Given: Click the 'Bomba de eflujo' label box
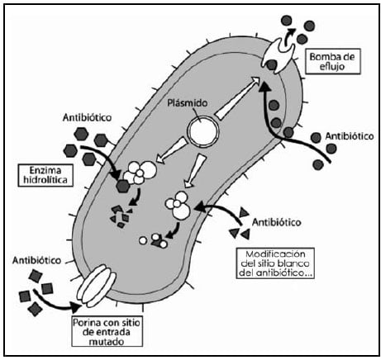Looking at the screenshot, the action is pos(332,62).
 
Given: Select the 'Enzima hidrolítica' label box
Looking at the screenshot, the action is pos(45,175).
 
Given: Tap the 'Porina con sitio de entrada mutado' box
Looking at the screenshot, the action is pos(107,331).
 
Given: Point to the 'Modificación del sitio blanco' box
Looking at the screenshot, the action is pos(275,263).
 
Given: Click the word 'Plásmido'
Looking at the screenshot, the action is pos(188,103).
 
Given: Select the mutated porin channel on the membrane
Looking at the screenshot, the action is pos(97,286).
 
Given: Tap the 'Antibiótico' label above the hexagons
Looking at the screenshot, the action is pos(87,117).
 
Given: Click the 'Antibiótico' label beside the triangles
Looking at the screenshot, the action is pos(277,222).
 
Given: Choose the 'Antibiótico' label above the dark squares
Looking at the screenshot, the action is pos(36,260).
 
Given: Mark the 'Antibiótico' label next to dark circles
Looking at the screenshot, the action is pos(350,136).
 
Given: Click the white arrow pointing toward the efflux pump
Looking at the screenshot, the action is pos(237,97).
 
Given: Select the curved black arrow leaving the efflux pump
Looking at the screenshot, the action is pos(289,36).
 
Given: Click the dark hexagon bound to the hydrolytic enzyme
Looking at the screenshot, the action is pos(123,186).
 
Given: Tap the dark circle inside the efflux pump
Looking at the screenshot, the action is pos(272,64).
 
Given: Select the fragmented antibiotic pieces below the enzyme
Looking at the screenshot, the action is pos(121,217).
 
